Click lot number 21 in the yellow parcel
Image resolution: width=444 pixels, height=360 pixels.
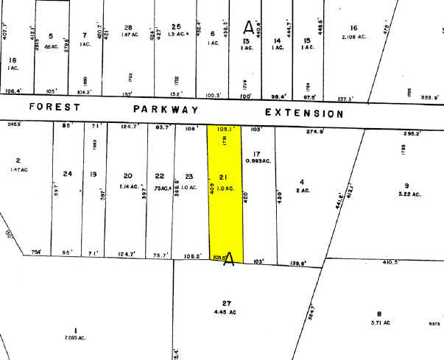point(226,179)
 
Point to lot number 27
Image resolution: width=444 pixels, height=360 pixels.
point(226,303)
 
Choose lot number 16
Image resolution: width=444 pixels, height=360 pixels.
point(353,27)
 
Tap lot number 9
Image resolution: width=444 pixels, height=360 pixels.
point(406,185)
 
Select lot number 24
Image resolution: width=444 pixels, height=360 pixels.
point(68,174)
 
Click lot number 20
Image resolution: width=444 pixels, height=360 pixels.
point(128,176)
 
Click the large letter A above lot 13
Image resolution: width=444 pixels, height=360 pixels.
point(248,28)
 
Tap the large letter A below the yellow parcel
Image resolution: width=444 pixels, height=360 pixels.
point(228,259)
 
